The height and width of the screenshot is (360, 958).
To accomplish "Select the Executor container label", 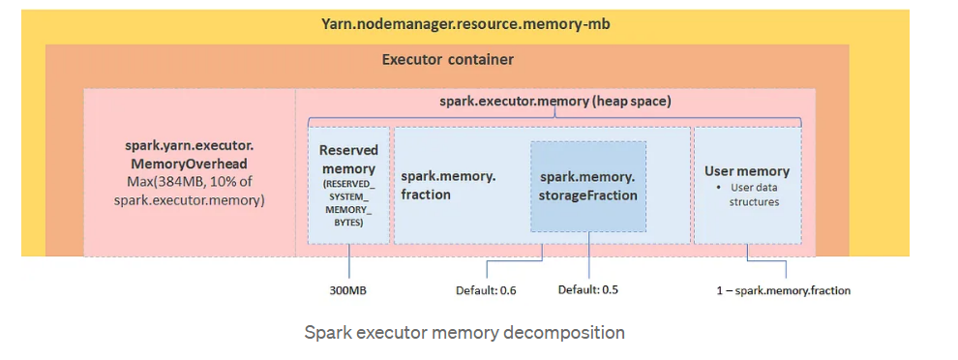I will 447,60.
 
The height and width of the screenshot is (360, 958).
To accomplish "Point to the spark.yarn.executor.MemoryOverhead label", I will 189,155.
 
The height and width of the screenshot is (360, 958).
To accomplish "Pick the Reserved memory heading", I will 348,159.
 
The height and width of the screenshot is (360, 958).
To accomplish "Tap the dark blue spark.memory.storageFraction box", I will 588,186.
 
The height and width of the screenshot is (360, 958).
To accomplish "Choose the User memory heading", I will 746,171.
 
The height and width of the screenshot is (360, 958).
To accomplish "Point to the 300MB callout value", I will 348,289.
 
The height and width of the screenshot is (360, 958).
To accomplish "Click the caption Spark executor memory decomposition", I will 464,333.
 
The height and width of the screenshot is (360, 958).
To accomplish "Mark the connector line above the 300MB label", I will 348,261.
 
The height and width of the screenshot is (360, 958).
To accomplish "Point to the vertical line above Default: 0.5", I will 589,256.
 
